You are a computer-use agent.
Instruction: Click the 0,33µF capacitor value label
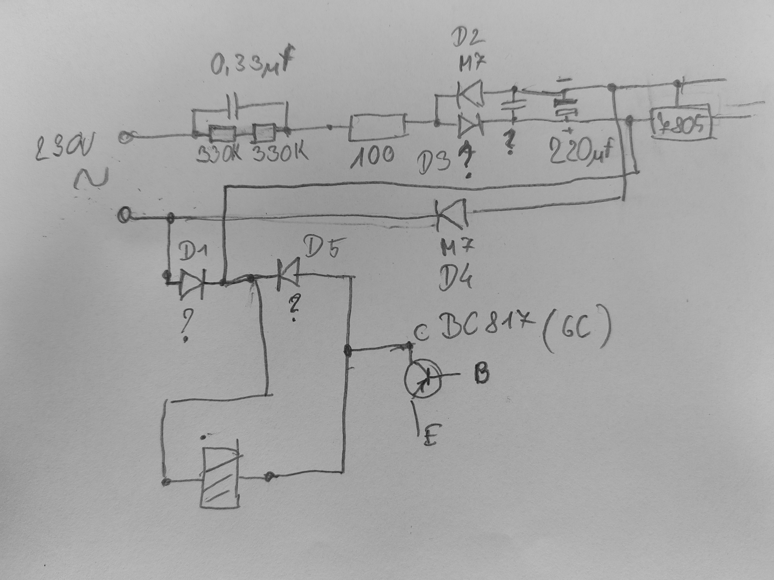pos(250,64)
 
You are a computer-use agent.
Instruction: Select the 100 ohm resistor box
pos(377,127)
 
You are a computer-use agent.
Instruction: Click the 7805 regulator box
pos(681,122)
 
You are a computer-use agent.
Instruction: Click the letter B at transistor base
pos(482,374)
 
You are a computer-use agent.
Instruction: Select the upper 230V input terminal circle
pos(126,137)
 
